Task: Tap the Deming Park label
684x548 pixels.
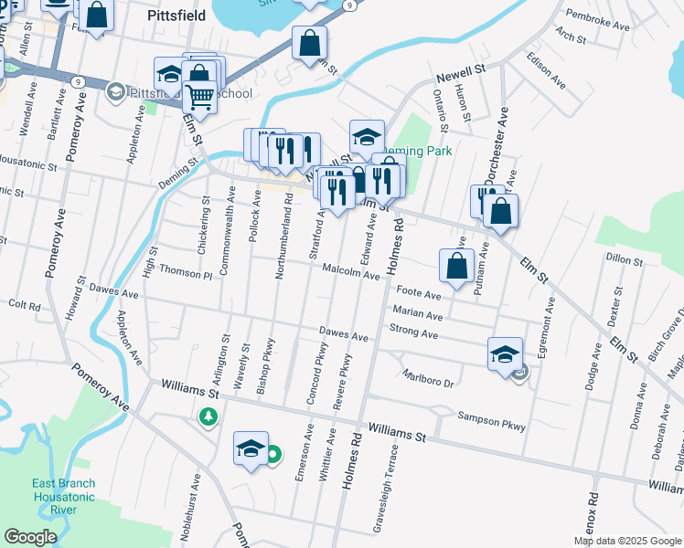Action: pyautogui.click(x=413, y=152)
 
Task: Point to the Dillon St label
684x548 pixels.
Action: pyautogui.click(x=624, y=260)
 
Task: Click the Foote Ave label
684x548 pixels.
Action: pyautogui.click(x=420, y=295)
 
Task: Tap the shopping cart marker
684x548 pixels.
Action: pyautogui.click(x=199, y=95)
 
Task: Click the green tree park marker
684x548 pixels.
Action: pyautogui.click(x=209, y=417)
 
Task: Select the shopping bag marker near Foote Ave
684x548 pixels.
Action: pyautogui.click(x=456, y=265)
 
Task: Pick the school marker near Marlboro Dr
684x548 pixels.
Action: pyautogui.click(x=505, y=353)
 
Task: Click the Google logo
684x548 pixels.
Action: pyautogui.click(x=31, y=538)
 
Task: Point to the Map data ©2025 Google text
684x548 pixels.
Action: pyautogui.click(x=626, y=541)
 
